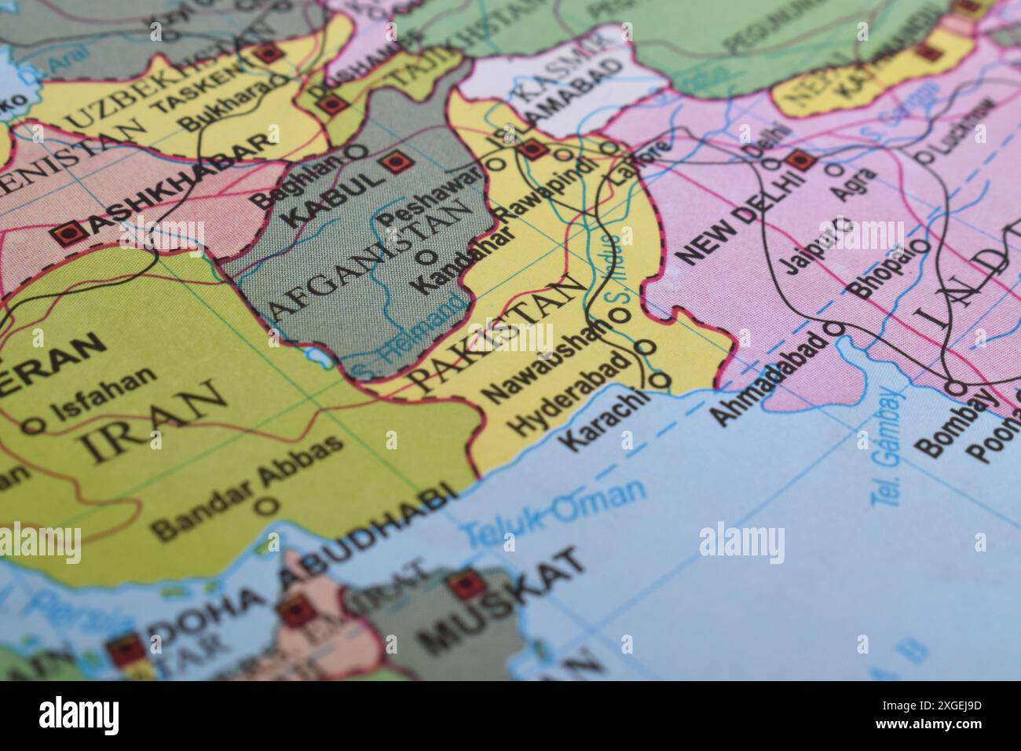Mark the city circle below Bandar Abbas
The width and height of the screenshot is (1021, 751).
tap(268, 505)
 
